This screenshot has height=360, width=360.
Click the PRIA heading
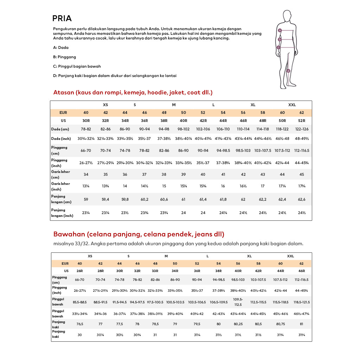point(62,18)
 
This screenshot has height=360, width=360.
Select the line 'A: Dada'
point(61,47)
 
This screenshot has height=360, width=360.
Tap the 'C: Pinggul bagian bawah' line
point(77,66)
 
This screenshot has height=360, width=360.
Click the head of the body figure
point(287,16)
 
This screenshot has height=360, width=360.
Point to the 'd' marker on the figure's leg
point(288,71)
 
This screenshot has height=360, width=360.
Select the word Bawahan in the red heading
point(69,234)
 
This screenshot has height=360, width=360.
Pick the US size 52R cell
point(302,121)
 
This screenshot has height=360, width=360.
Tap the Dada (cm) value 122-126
point(302,129)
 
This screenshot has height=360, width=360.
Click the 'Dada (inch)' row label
point(61,139)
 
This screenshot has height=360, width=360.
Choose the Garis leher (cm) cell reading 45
point(302,174)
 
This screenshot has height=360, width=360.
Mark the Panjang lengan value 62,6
point(302,199)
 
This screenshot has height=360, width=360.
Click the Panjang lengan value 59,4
point(105,199)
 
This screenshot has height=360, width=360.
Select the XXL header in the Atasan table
point(292,105)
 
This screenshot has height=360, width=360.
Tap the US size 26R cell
point(80,271)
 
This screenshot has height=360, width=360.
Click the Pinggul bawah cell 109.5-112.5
point(238,302)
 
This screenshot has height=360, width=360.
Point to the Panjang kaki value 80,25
point(238,324)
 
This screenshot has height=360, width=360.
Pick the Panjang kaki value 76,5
point(80,324)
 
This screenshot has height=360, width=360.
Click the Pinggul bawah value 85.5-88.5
point(80,302)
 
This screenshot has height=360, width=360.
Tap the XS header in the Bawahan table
point(90,256)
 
